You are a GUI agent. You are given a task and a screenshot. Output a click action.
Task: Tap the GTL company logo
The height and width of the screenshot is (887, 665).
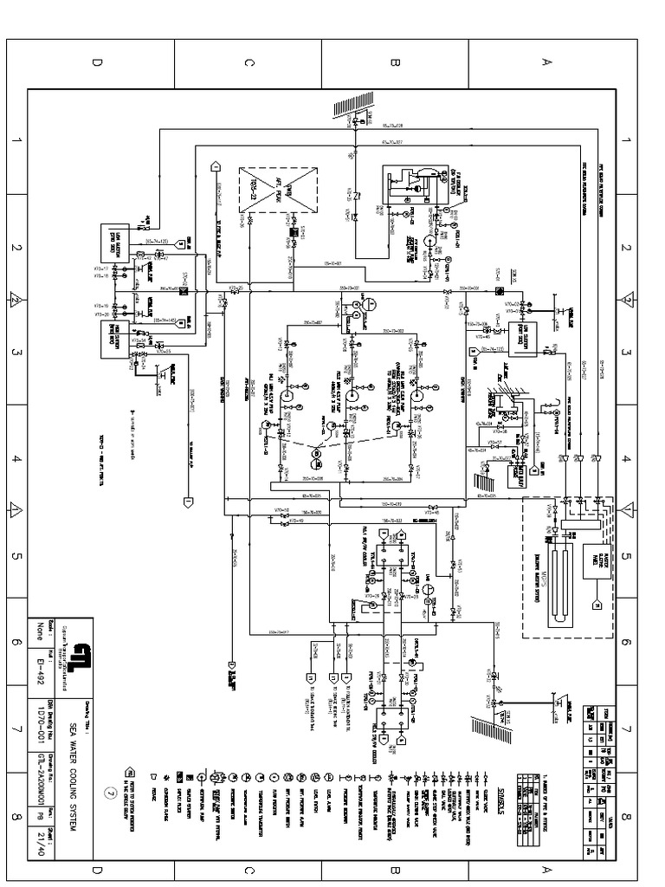tap(81, 650)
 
